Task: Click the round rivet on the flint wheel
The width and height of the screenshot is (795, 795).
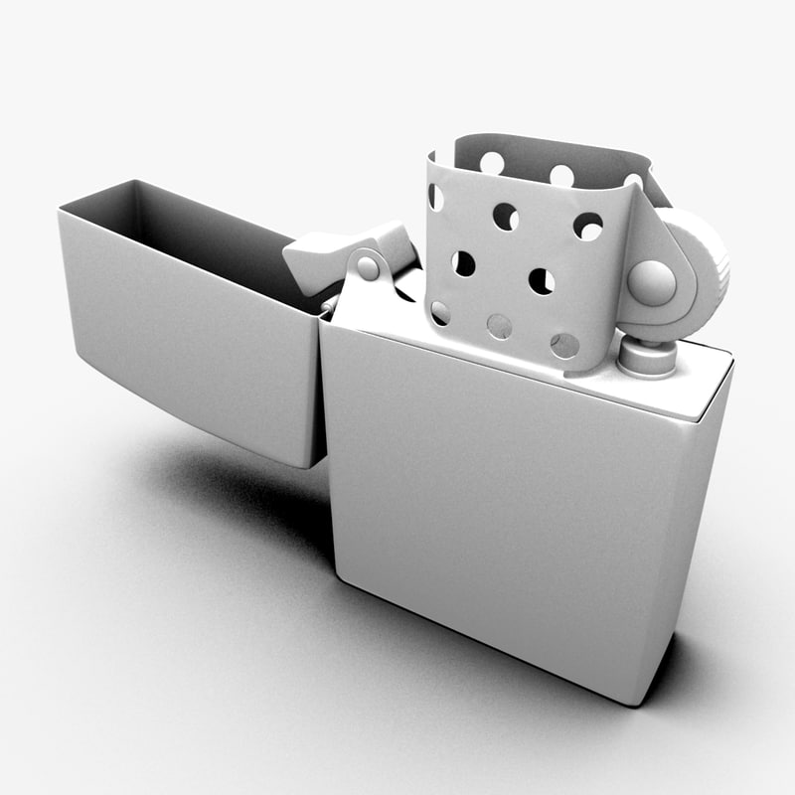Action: click(x=651, y=281)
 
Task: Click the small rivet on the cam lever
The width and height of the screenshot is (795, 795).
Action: click(x=368, y=266)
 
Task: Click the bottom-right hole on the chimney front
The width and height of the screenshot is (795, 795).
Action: click(x=564, y=345)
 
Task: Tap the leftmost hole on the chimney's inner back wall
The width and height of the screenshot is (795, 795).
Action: click(x=491, y=161)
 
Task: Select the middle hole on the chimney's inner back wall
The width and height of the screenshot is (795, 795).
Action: click(x=561, y=175)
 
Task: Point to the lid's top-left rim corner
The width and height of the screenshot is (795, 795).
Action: click(x=62, y=209)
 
